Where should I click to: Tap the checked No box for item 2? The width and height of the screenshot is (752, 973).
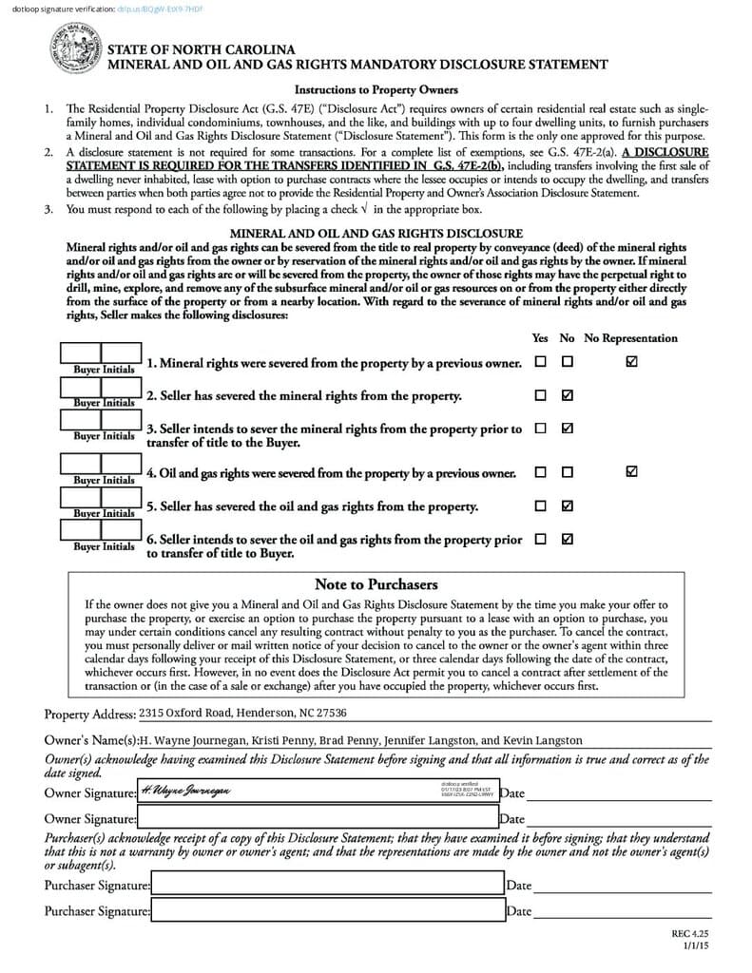[568, 395]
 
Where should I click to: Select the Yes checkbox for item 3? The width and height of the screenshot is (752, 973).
[540, 429]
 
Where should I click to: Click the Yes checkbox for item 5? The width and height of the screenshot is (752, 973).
[540, 506]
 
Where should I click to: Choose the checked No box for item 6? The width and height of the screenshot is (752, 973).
[568, 539]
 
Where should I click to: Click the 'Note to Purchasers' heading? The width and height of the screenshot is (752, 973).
[376, 584]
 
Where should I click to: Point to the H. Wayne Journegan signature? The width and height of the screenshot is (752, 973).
[185, 791]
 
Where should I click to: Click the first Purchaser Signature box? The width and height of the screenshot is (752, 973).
[327, 885]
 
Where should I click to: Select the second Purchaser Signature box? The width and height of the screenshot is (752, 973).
[327, 910]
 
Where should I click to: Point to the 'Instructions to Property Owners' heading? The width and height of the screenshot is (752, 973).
[376, 89]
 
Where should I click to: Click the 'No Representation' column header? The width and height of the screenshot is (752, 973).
[630, 338]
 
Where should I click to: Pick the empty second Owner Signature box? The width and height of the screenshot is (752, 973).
[318, 817]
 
